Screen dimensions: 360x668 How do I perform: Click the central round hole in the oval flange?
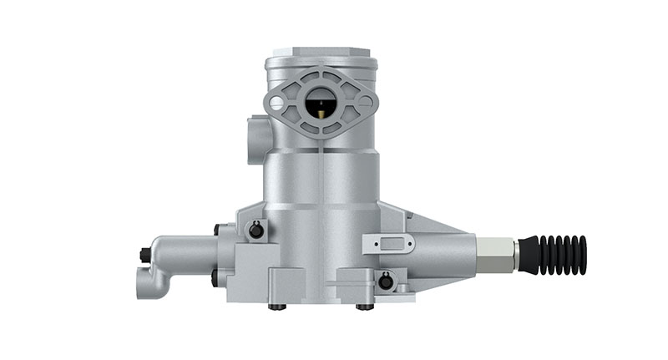pos(321,104)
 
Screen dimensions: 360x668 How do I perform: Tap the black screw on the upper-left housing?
pos(256,231)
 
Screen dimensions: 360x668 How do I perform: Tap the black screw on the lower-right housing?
pos(385,281)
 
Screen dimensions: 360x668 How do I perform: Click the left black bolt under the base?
pos(276,307)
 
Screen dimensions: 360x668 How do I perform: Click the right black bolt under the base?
pos(365,307)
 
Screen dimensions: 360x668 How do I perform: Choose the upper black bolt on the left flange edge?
pos(217,229)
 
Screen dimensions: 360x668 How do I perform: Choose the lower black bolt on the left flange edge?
pos(215,276)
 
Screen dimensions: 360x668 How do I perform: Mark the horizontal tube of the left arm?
pos(180,251)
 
